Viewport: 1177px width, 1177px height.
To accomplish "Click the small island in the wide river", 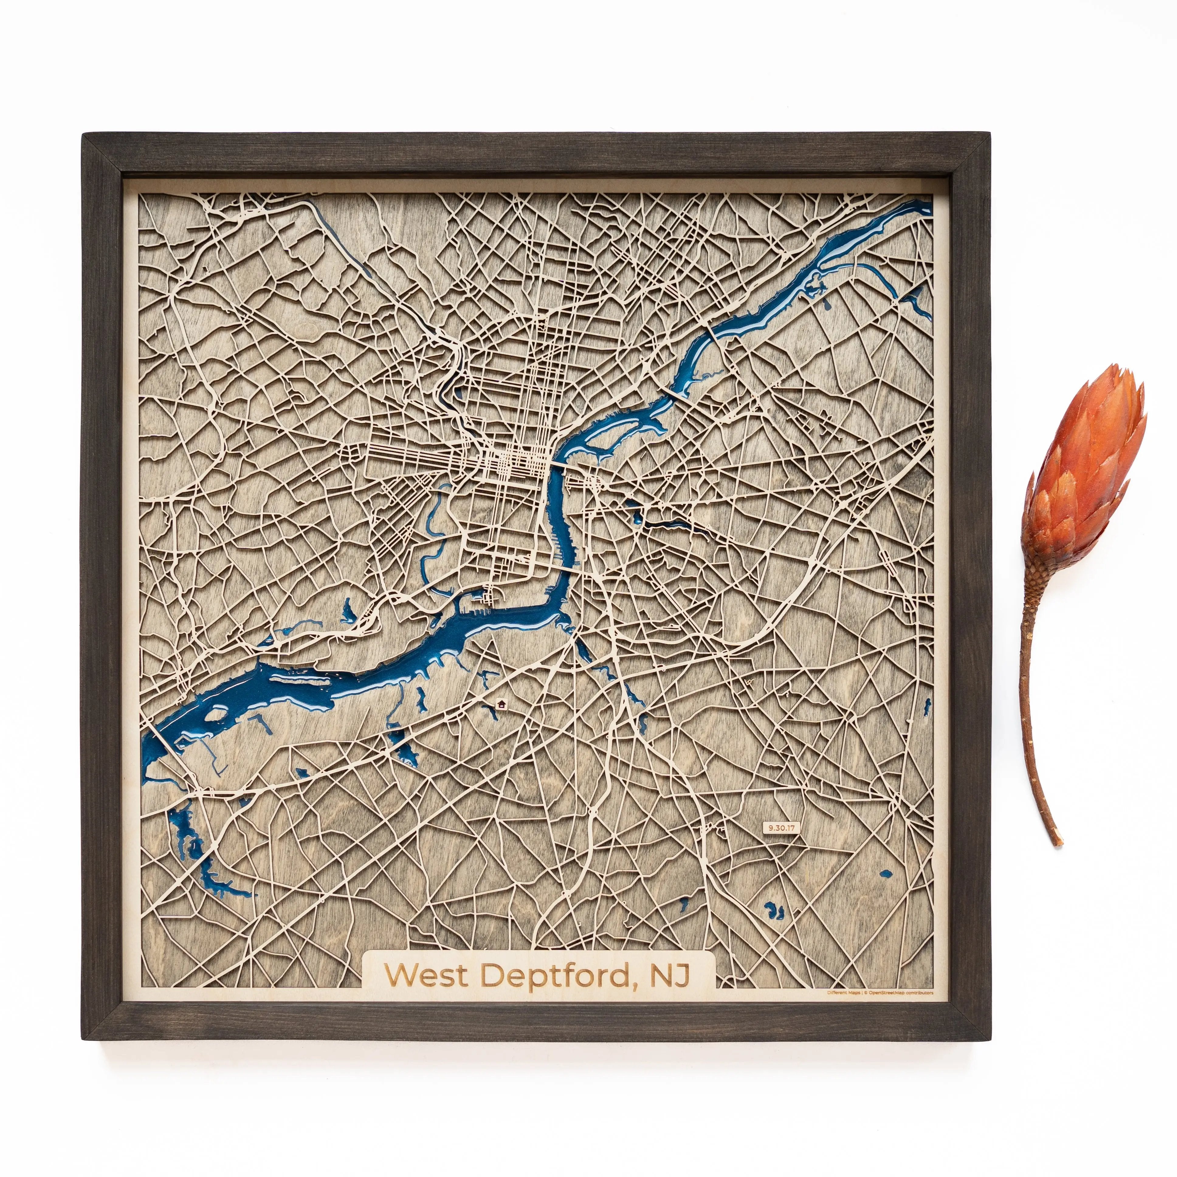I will click(215, 714).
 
